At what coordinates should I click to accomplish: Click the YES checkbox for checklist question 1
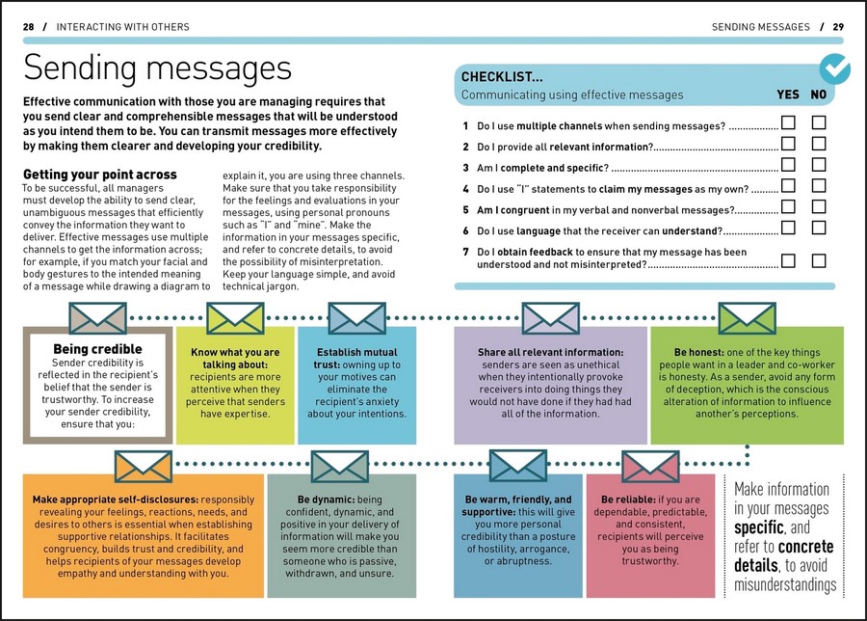(788, 122)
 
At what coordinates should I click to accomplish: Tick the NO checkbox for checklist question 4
(820, 185)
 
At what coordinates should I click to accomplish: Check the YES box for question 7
(788, 260)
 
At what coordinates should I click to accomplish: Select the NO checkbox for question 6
(820, 228)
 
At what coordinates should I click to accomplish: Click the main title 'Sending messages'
(157, 68)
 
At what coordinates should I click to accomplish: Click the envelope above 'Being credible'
(97, 317)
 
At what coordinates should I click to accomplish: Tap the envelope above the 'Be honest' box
(748, 317)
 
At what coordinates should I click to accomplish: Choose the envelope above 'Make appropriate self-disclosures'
(143, 466)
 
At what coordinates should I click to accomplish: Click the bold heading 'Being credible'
(97, 349)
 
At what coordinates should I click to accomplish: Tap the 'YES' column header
(788, 94)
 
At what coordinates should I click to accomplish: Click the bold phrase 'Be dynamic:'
(313, 499)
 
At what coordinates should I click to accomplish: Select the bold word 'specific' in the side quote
(758, 527)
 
